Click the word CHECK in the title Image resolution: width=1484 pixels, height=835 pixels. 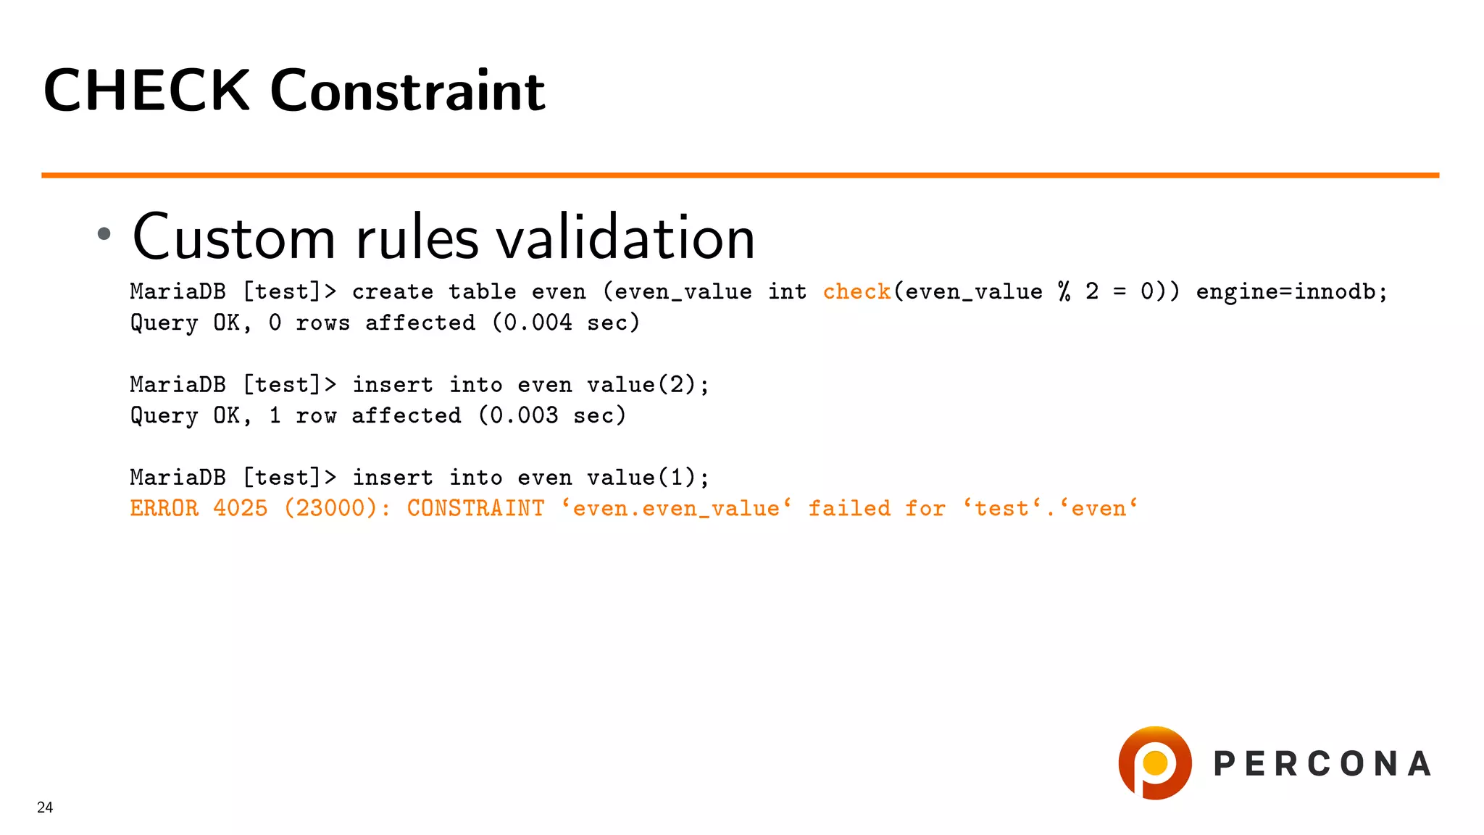pyautogui.click(x=146, y=91)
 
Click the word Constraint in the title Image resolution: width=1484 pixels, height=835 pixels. pyautogui.click(x=407, y=91)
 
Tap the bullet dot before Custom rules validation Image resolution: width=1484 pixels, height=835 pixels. pyautogui.click(x=104, y=233)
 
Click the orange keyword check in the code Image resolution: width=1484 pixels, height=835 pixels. pyautogui.click(x=856, y=291)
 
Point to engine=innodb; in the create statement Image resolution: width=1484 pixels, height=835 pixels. pyautogui.click(x=1291, y=291)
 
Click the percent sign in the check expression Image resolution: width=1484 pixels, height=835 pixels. pyautogui.click(x=1064, y=291)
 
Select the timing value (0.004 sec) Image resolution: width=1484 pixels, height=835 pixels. pyautogui.click(x=566, y=323)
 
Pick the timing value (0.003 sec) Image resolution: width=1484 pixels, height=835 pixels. pyautogui.click(x=552, y=415)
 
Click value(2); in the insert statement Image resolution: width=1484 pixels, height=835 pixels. pyautogui.click(x=648, y=384)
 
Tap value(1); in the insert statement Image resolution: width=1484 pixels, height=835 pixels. pyautogui.click(x=648, y=477)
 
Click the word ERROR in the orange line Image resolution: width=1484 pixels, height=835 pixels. pyautogui.click(x=164, y=508)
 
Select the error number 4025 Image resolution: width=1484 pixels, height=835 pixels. pyautogui.click(x=241, y=508)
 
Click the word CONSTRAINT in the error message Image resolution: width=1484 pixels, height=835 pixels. pyautogui.click(x=475, y=508)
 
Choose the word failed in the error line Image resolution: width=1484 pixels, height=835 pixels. pyautogui.click(x=849, y=508)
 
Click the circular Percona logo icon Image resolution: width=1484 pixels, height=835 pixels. pyautogui.click(x=1155, y=763)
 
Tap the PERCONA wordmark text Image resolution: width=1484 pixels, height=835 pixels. pyautogui.click(x=1322, y=764)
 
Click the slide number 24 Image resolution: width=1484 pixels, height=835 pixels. pyautogui.click(x=45, y=807)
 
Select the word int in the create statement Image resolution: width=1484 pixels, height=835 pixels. pyautogui.click(x=787, y=291)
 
